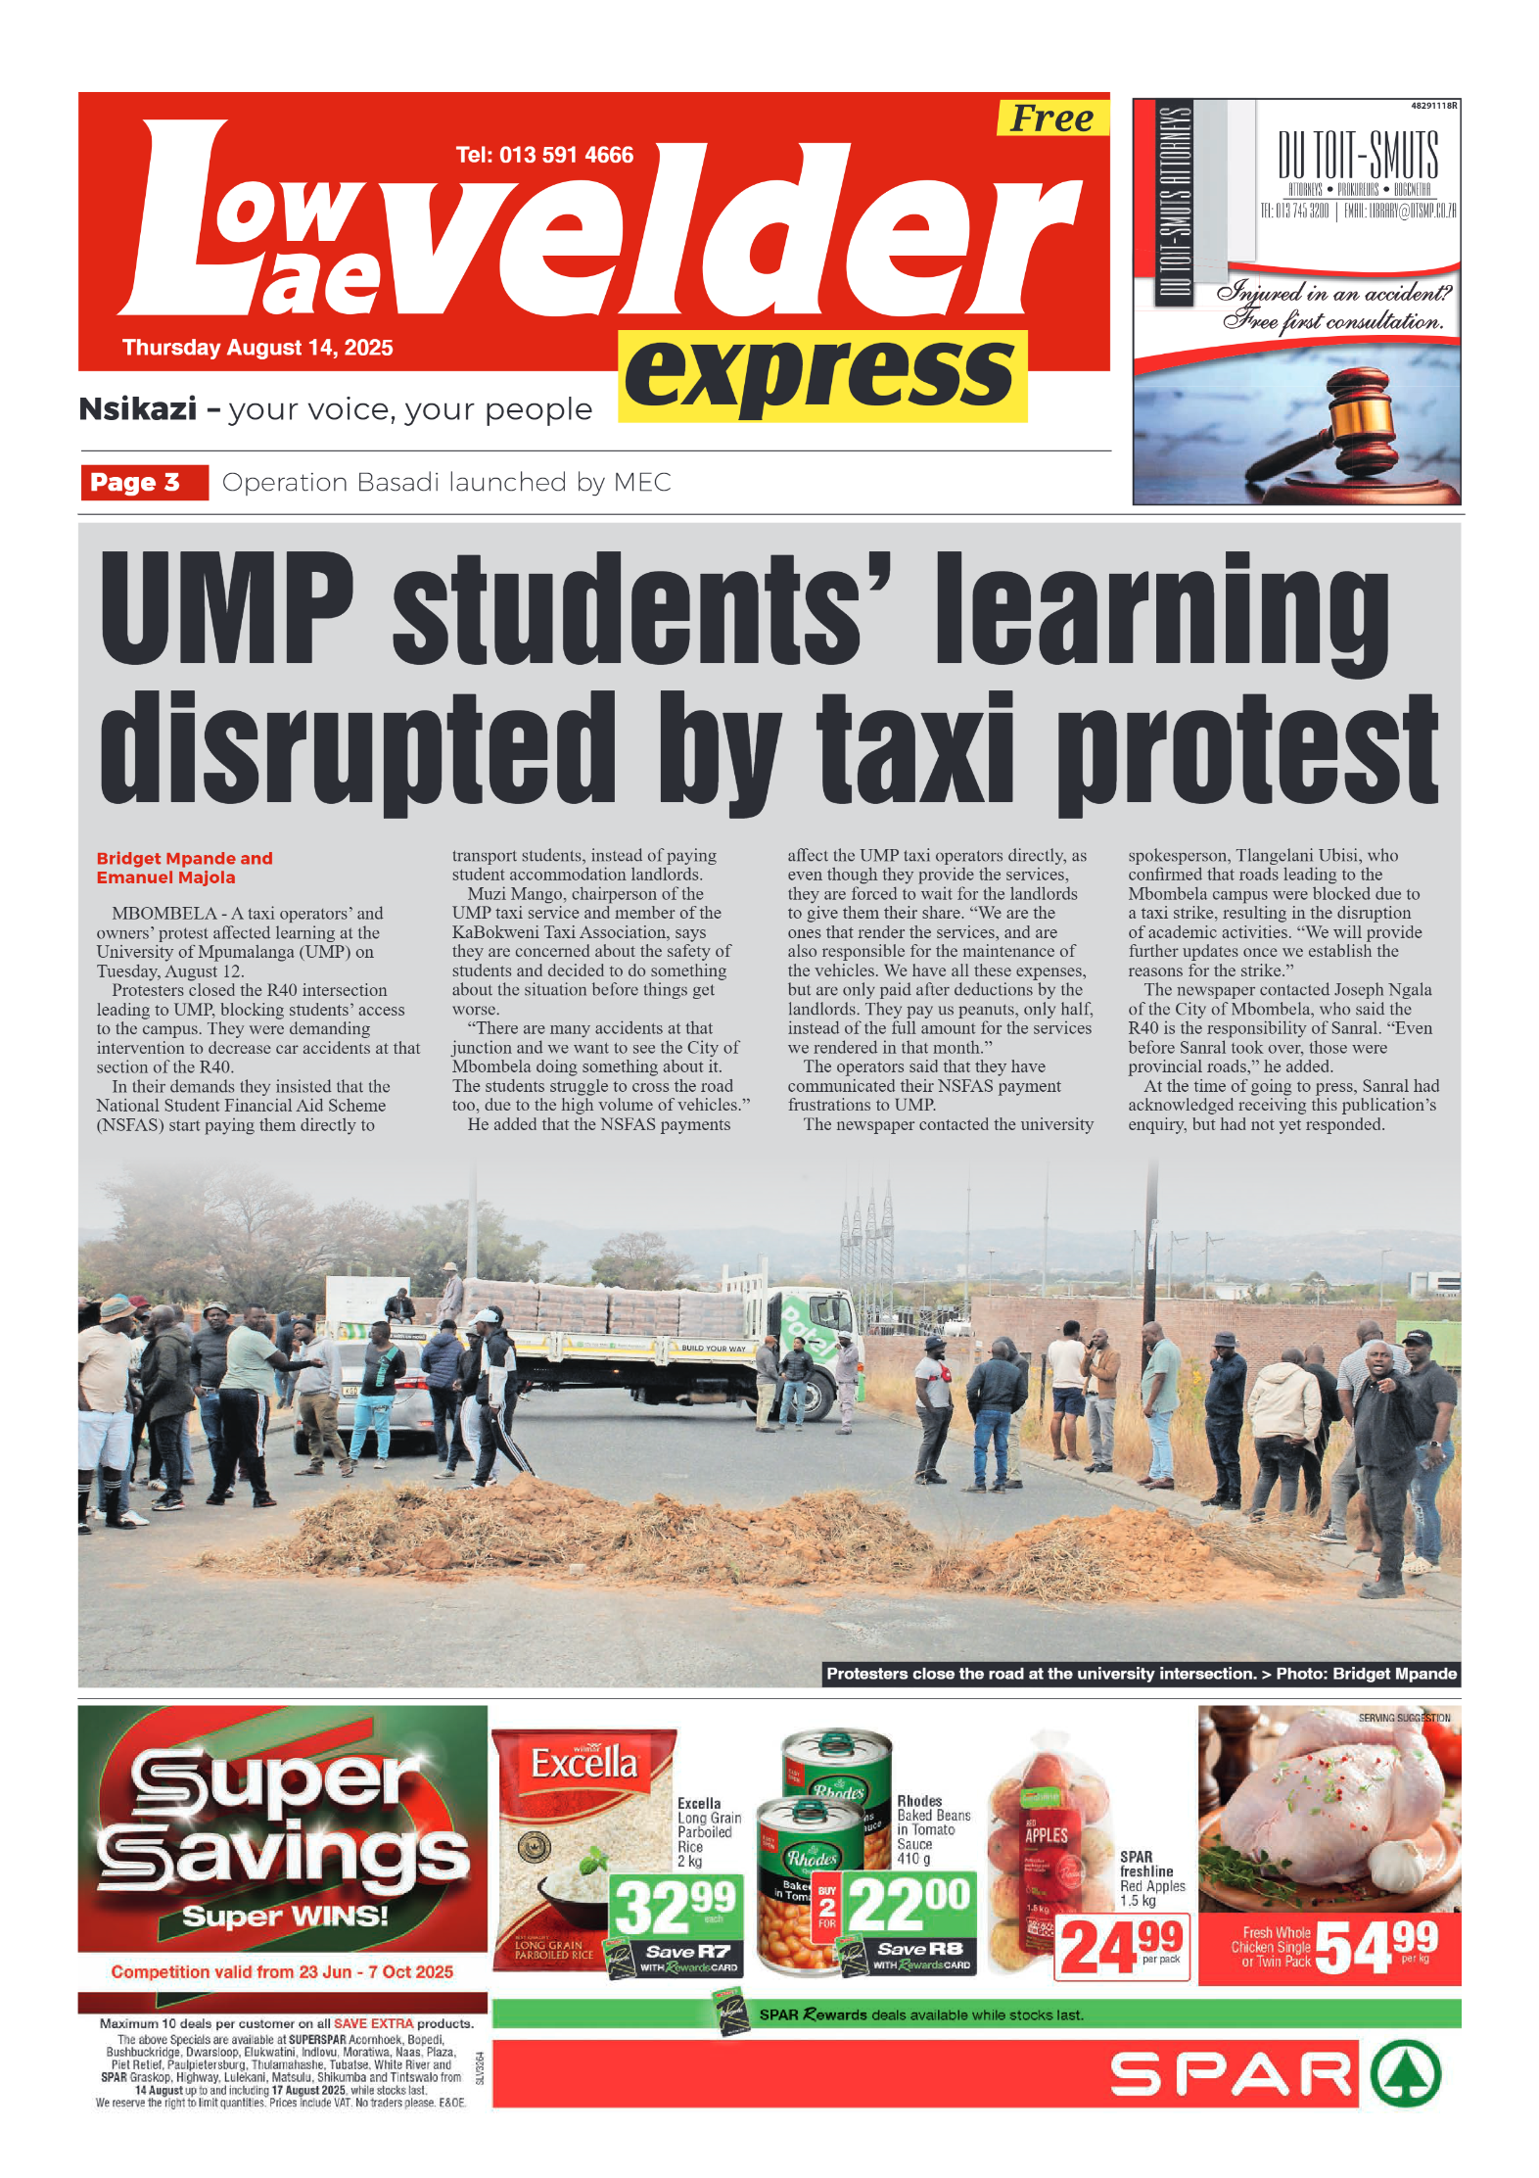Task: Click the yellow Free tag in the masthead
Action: tap(1051, 118)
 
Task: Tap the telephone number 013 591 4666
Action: tap(544, 155)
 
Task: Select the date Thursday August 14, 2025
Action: tap(257, 348)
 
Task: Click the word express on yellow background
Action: tap(821, 375)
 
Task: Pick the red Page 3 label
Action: tap(144, 482)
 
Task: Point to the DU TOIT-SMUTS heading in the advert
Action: tap(1358, 156)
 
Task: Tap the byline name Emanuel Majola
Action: tap(165, 877)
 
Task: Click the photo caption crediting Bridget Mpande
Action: tap(1141, 1674)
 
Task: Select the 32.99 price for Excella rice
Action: tap(675, 1906)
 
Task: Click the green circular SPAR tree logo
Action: tap(1406, 2073)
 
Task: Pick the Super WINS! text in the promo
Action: tap(285, 1917)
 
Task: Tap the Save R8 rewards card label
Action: tap(920, 1950)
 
